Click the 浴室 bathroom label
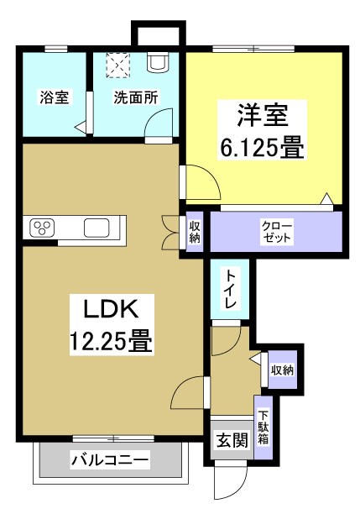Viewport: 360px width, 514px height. pos(54,97)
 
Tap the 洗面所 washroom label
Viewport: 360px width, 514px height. pos(136,97)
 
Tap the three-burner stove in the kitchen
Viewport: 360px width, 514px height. pos(42,228)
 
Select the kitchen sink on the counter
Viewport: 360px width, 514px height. pos(97,228)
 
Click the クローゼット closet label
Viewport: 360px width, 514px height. pos(277,233)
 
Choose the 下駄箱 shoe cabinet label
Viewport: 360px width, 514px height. pos(263,428)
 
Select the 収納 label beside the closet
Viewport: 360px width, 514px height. pos(195,232)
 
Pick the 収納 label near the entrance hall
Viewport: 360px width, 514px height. pos(282,369)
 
